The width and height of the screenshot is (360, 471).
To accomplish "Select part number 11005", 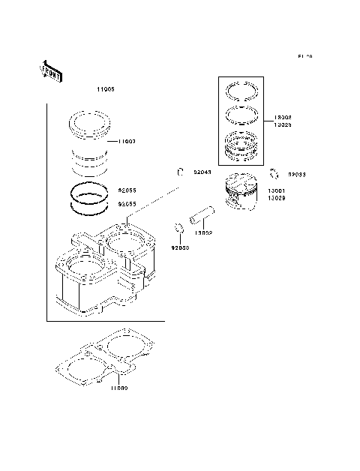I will tap(106, 90).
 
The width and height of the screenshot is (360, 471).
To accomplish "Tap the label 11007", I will tap(126, 142).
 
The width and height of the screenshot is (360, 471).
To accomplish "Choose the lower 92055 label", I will tap(127, 203).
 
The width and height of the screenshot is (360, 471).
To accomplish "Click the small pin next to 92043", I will tap(181, 172).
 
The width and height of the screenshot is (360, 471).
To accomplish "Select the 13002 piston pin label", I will tap(202, 233).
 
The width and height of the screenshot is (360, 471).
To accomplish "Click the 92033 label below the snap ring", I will tap(180, 247).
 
